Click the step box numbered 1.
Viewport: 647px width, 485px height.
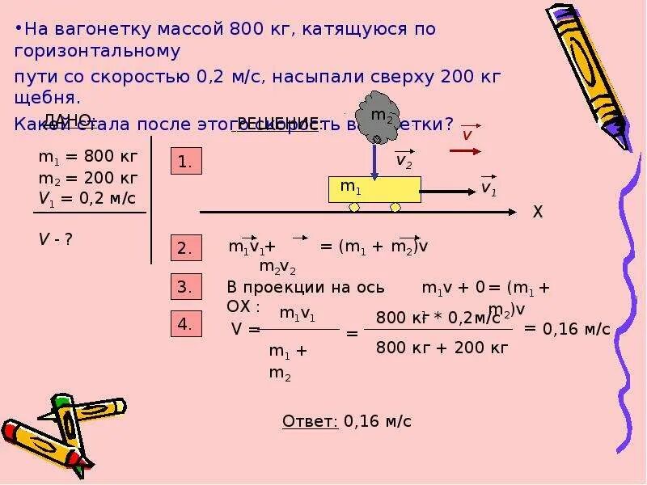(184, 162)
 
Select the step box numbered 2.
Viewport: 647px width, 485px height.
(184, 248)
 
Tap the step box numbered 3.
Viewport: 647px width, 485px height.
(184, 287)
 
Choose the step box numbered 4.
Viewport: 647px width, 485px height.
(184, 325)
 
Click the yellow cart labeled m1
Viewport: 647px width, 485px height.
(374, 189)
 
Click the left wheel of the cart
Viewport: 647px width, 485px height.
(354, 208)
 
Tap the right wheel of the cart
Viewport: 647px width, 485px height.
(395, 208)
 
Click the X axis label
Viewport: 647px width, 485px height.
(537, 213)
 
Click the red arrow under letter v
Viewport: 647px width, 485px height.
(465, 150)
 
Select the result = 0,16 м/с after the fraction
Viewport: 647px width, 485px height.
(567, 329)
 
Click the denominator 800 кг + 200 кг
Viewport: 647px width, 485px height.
(442, 348)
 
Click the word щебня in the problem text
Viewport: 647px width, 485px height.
(47, 98)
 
